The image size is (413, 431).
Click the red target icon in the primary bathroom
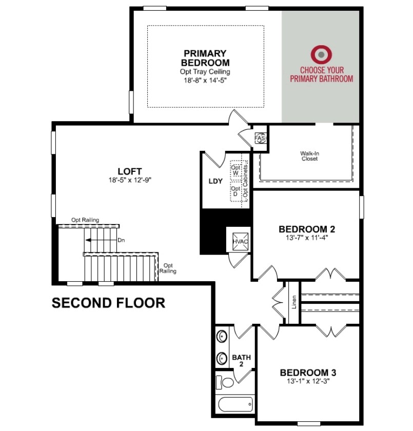(x=321, y=54)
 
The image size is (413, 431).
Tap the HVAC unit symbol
(x=240, y=241)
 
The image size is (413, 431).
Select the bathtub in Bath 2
(x=235, y=404)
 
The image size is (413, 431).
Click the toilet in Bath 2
(x=225, y=382)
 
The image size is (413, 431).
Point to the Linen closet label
(x=294, y=302)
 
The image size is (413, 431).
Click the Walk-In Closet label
(x=309, y=156)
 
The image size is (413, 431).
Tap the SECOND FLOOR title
(x=109, y=303)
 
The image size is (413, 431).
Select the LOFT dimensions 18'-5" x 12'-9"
(x=130, y=180)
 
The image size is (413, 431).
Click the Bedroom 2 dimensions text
(x=307, y=238)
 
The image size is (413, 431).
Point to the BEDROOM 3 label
(x=308, y=373)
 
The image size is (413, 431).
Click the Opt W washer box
(x=235, y=170)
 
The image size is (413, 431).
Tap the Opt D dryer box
(x=235, y=191)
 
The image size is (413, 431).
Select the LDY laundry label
(x=215, y=181)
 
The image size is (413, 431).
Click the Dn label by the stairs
(x=121, y=240)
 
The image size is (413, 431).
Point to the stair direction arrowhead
(x=88, y=240)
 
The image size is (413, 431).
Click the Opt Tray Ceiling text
(x=205, y=72)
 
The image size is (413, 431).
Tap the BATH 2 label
(x=241, y=361)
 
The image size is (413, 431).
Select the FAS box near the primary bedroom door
(x=261, y=138)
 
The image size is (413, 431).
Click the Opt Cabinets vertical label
(x=245, y=181)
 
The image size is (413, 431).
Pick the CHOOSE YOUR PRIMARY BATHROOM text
(x=322, y=74)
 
